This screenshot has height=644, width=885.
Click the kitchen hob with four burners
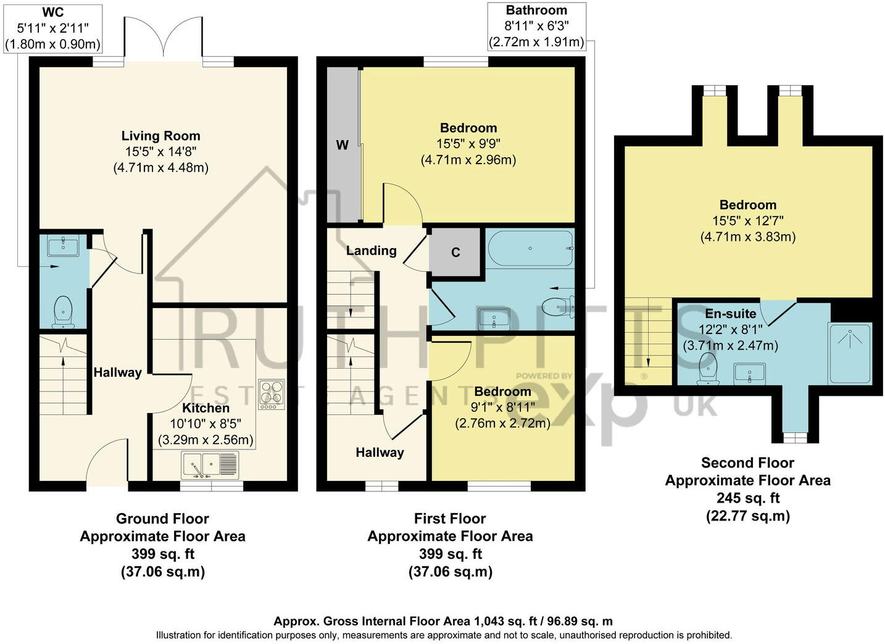click(272, 394)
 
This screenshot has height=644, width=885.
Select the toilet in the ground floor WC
click(63, 311)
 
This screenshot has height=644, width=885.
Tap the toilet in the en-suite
click(708, 369)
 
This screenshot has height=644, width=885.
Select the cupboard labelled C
click(455, 252)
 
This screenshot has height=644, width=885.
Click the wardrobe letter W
click(342, 145)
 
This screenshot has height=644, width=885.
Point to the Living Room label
click(160, 136)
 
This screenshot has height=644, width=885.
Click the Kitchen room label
click(206, 408)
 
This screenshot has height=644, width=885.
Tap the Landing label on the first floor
click(371, 250)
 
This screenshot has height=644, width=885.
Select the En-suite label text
click(730, 314)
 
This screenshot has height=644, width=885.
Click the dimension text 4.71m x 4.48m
click(160, 167)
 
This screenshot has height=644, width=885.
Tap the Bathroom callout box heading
click(536, 10)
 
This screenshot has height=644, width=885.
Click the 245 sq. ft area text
click(747, 498)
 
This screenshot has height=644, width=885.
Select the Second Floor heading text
click(747, 462)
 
